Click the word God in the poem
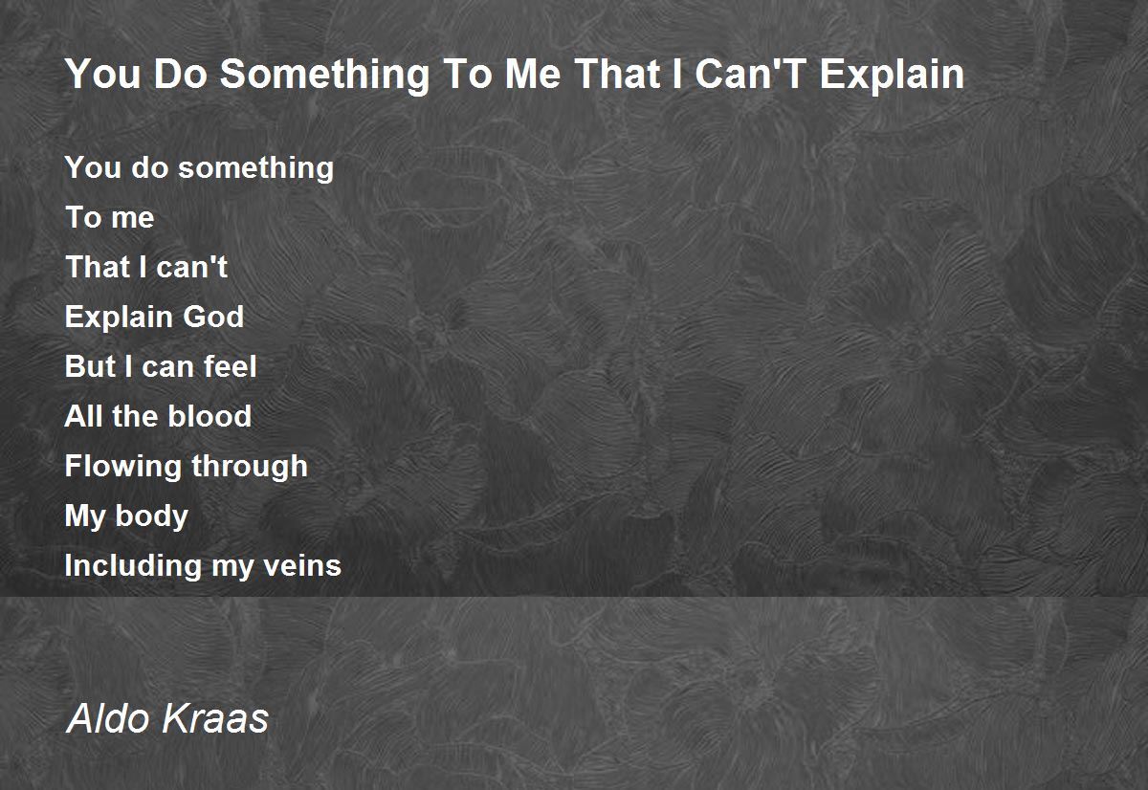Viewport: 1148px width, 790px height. [213, 317]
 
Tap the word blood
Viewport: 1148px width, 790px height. [210, 415]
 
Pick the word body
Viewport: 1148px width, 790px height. [152, 516]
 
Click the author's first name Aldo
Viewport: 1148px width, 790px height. [109, 717]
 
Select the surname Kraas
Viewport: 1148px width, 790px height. [214, 717]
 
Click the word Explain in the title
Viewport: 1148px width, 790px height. [893, 75]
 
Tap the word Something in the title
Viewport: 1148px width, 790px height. [325, 76]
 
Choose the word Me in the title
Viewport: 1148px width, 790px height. [533, 74]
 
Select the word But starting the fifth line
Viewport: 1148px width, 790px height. [90, 365]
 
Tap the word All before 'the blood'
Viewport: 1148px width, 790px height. [82, 415]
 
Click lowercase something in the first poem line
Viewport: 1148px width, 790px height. [255, 168]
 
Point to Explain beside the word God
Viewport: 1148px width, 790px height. [119, 318]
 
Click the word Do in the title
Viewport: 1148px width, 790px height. [181, 74]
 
